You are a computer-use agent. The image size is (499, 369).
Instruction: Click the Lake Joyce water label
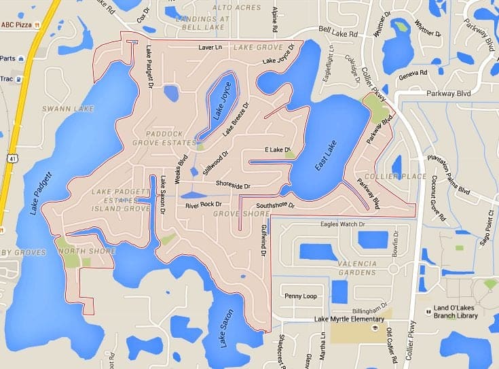coord(220,105)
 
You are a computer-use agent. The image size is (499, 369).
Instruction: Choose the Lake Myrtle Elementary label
coord(349,319)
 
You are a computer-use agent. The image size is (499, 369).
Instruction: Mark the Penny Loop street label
coord(300,296)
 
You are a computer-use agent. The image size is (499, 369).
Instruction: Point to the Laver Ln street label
coord(210,48)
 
